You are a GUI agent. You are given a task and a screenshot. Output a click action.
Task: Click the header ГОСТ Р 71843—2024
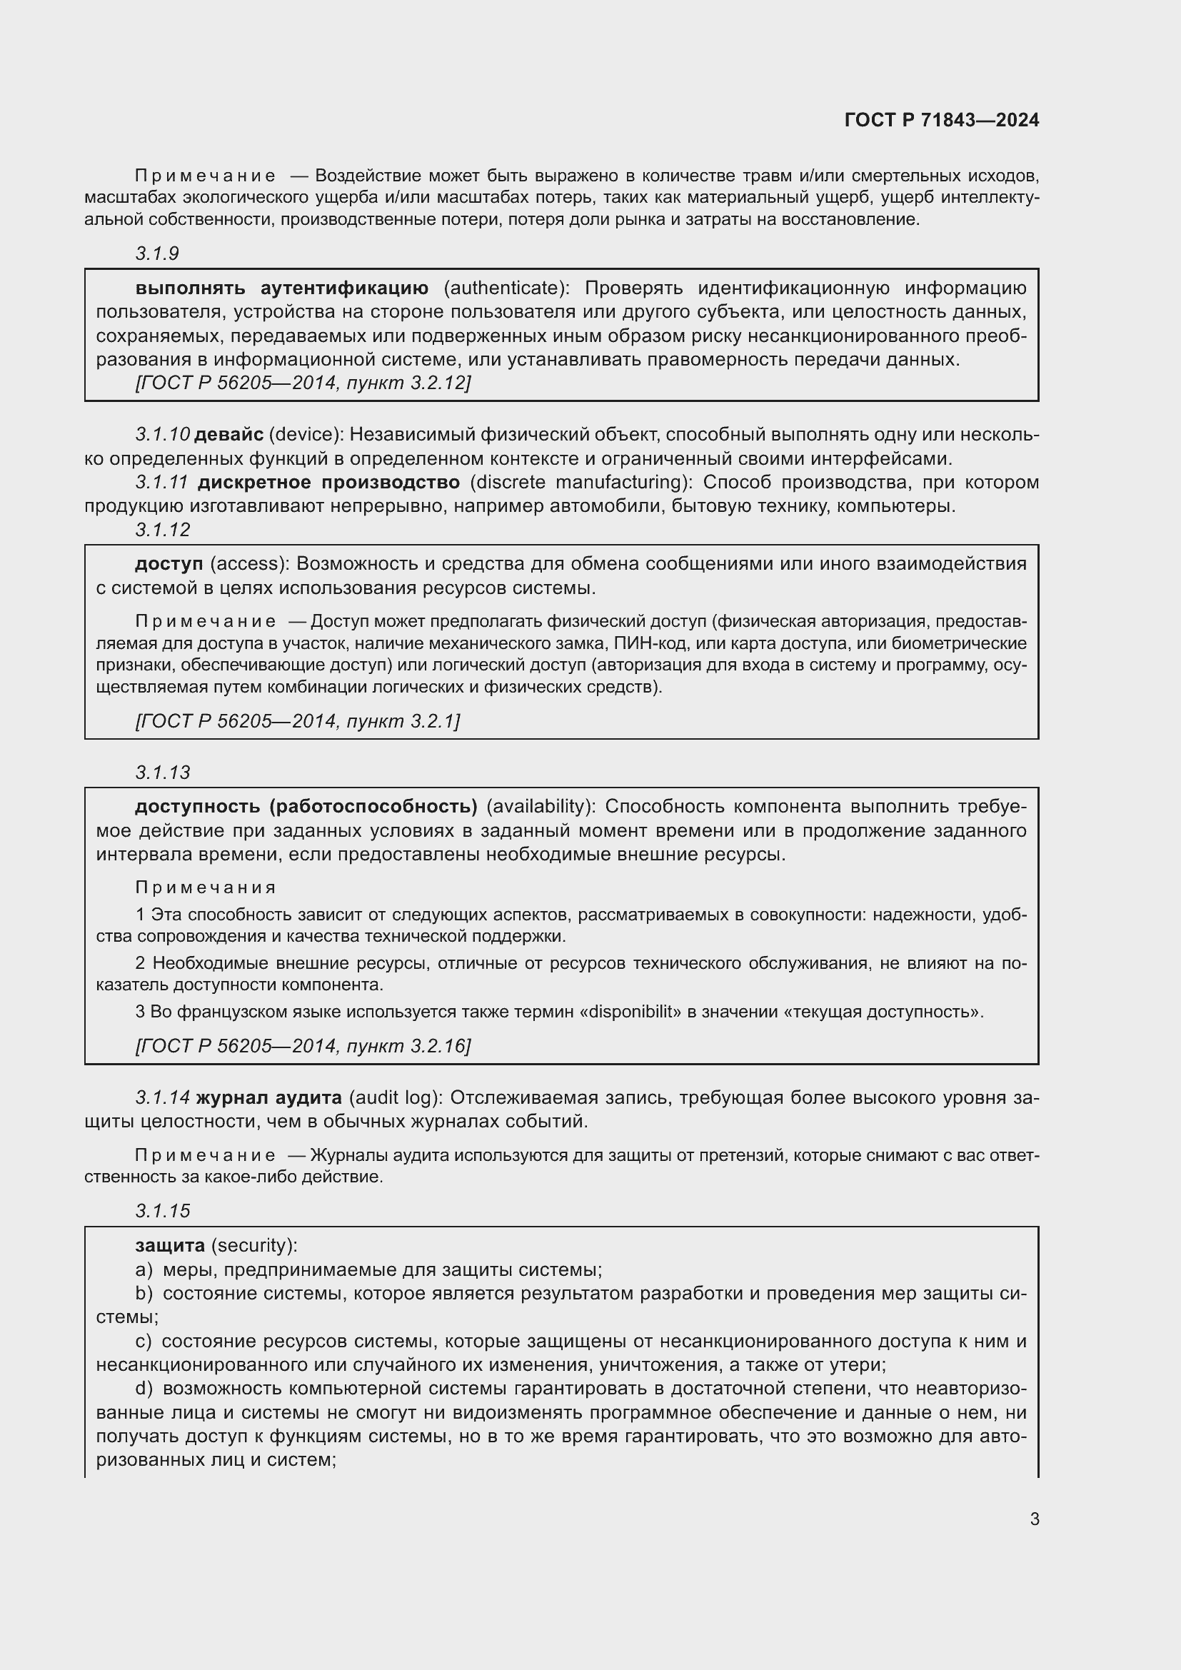pos(941,120)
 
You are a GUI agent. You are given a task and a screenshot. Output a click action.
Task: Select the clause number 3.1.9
pos(157,253)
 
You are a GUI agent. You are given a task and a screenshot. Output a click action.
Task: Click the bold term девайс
pos(228,435)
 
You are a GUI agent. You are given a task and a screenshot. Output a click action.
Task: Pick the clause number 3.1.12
pos(162,530)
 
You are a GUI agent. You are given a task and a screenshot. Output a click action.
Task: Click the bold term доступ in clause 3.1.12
pos(169,564)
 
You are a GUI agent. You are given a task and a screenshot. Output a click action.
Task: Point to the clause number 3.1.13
pos(162,773)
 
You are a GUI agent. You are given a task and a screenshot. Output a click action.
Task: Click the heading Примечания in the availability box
pos(206,887)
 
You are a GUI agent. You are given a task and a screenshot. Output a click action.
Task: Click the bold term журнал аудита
pos(268,1097)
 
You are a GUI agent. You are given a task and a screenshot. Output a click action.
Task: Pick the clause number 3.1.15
pos(162,1211)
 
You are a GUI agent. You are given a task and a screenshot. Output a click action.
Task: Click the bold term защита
pos(170,1245)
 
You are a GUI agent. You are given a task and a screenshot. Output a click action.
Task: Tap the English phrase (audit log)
pos(395,1097)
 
